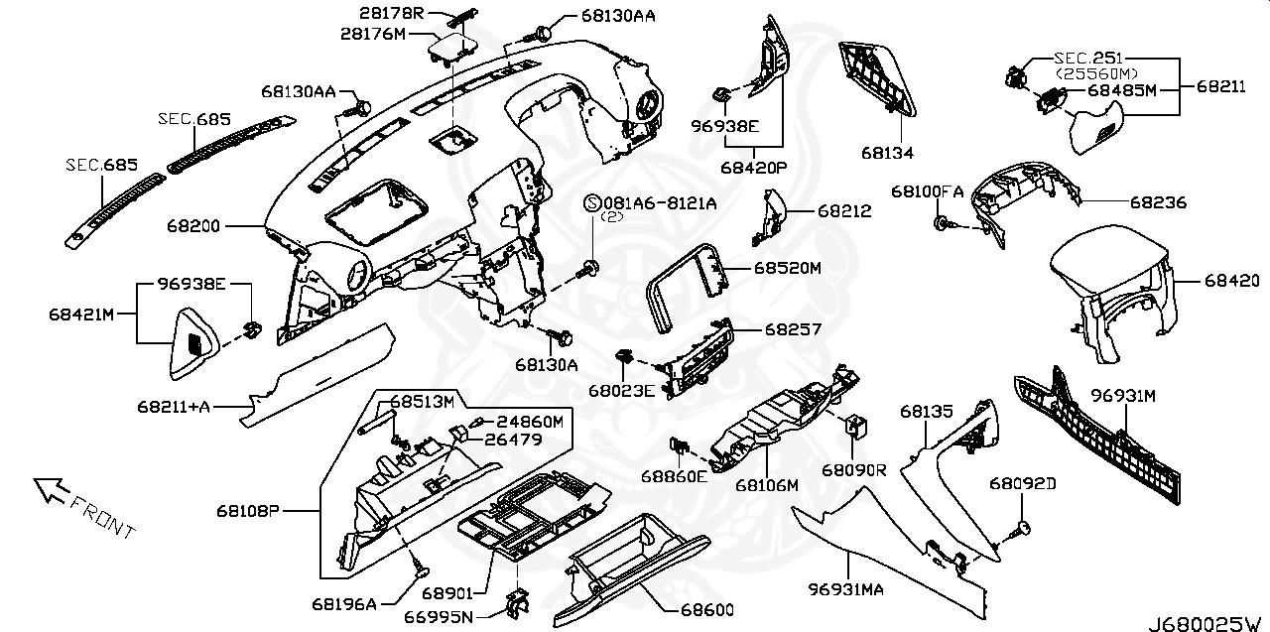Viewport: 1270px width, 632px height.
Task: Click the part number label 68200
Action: point(194,226)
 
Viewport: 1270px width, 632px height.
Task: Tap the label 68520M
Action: point(788,268)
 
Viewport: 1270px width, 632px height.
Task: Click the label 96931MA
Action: point(845,590)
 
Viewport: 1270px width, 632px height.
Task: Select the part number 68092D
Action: point(1022,483)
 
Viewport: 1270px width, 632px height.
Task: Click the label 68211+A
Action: point(174,405)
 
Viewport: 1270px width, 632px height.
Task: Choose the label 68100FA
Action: point(927,190)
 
